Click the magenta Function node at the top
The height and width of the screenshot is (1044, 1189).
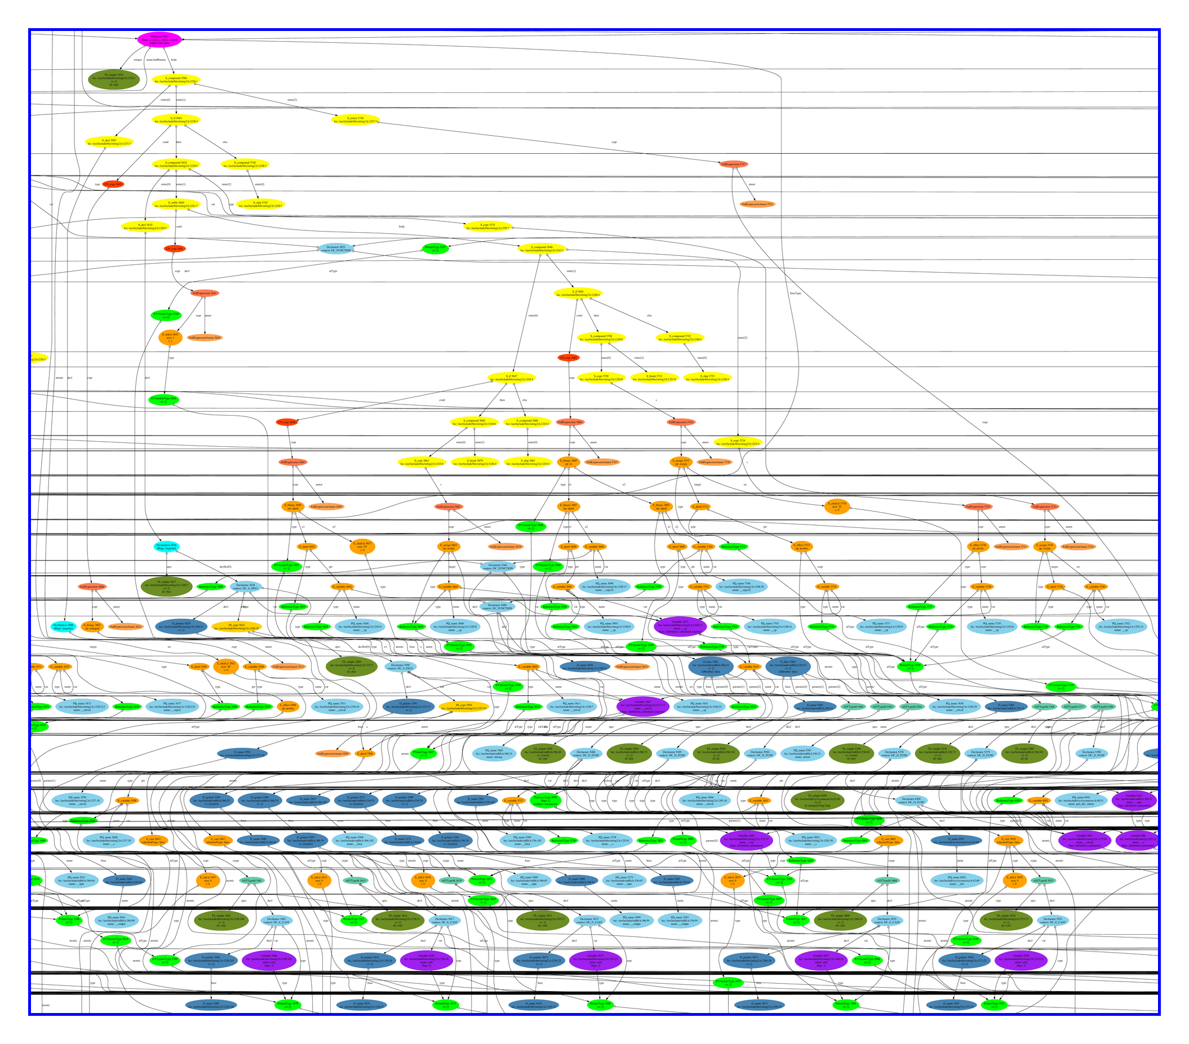coord(158,39)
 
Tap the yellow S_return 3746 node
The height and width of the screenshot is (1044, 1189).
coord(356,120)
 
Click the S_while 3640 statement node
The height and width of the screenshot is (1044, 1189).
coord(176,205)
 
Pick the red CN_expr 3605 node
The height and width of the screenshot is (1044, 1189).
coord(113,184)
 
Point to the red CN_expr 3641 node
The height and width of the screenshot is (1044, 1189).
coord(175,249)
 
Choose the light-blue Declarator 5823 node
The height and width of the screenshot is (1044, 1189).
coord(335,248)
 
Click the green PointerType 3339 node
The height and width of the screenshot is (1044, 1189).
coord(435,248)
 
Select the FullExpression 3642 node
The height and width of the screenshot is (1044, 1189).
coord(205,293)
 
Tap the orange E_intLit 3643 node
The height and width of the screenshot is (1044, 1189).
coord(170,337)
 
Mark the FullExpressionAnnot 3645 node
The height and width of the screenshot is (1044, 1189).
coord(205,337)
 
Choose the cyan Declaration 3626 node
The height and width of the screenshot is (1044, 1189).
coord(167,547)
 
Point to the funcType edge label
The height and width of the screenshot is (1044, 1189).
coord(795,293)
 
